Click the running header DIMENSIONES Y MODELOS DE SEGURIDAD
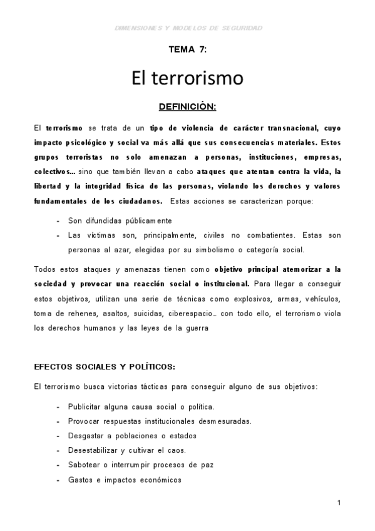(x=189, y=28)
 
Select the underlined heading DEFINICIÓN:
(x=187, y=107)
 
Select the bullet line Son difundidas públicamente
(x=120, y=221)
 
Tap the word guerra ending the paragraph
(x=203, y=327)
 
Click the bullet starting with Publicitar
(x=141, y=406)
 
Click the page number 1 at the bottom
(x=338, y=503)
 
